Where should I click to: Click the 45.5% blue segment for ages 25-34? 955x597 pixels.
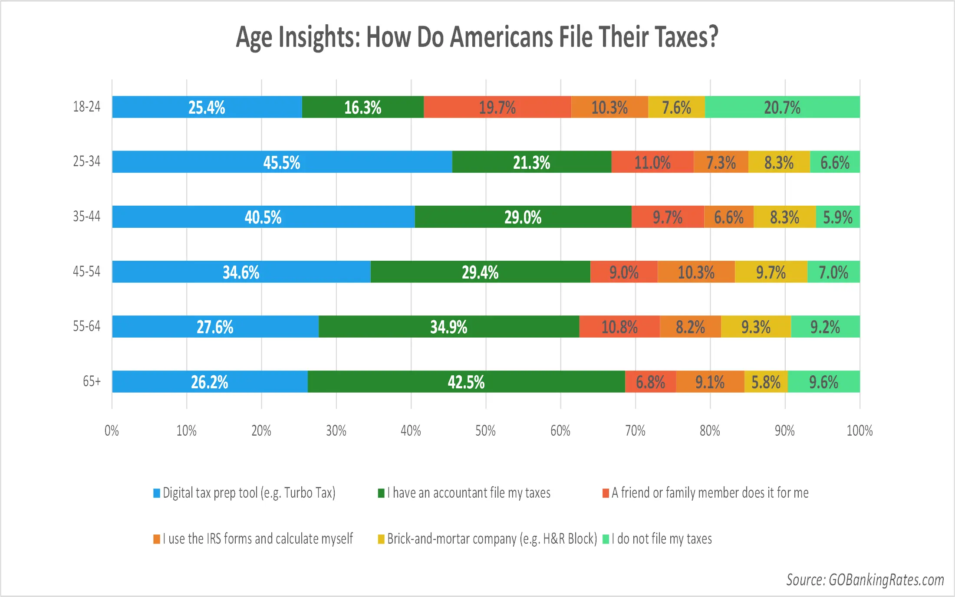[282, 162]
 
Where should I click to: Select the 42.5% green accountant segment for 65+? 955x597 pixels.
[466, 382]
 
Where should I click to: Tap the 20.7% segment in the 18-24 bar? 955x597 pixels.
[782, 107]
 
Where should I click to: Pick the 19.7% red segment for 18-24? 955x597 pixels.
[497, 107]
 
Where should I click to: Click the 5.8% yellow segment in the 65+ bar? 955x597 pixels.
[766, 382]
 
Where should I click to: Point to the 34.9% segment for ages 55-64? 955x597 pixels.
[448, 327]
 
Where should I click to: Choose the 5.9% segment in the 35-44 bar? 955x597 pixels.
[838, 217]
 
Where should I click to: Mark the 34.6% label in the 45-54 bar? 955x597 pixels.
[241, 272]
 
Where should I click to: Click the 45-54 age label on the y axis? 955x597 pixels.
[86, 272]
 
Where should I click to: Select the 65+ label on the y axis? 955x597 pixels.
[92, 381]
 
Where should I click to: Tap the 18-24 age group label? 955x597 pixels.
[86, 107]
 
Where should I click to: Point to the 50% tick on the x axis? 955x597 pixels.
[485, 431]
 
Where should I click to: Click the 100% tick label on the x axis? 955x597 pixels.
[859, 431]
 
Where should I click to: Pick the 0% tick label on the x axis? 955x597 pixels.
[112, 431]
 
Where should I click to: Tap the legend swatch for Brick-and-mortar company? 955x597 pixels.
[381, 539]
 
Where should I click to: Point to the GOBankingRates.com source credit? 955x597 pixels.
[865, 580]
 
